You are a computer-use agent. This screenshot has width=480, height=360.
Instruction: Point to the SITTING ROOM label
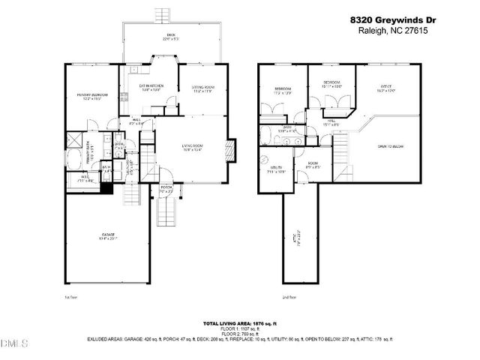coord(202,89)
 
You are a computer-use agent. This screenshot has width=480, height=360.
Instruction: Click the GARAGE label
coord(108,236)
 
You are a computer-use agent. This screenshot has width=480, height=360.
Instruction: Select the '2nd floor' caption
coord(289,297)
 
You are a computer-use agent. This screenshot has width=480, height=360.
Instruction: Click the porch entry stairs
coord(165,216)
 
